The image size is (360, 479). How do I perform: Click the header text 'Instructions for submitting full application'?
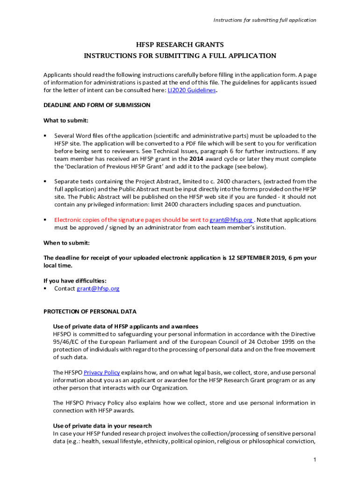pos(265,20)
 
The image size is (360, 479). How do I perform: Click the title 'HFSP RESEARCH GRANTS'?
pos(180,45)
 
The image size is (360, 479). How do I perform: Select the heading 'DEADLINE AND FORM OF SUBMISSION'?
pos(97,105)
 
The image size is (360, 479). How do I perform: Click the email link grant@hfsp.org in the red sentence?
pos(231,220)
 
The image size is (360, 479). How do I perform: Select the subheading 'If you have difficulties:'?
pos(75,281)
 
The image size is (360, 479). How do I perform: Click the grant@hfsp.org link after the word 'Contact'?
pos(98,289)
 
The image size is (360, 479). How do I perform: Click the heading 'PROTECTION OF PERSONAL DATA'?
pos(90,312)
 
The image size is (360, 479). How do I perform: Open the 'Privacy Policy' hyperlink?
pos(101,373)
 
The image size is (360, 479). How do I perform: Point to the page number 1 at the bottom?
pos(315,460)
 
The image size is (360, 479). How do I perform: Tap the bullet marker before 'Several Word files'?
pos(45,136)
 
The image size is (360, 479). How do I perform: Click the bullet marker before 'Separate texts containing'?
pos(45,181)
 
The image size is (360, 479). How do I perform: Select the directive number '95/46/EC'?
pos(66,342)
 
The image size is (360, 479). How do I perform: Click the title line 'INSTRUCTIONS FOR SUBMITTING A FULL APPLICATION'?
pos(180,56)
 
